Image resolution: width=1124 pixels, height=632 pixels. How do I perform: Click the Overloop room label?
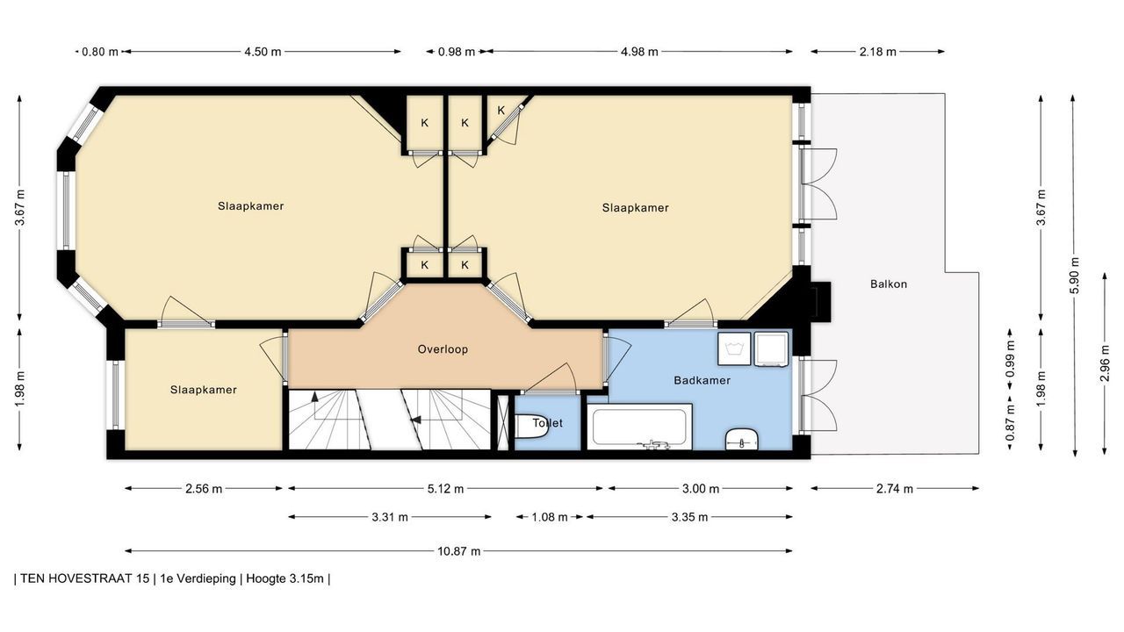tap(443, 349)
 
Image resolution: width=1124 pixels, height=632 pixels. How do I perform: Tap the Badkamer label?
tap(702, 380)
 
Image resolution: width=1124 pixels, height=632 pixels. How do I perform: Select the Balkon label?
tap(889, 284)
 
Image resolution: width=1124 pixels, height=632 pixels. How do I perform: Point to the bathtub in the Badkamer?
tap(639, 427)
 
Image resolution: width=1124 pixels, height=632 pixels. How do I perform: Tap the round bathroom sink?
tap(742, 440)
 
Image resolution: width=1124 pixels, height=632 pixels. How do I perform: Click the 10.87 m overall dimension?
tap(458, 551)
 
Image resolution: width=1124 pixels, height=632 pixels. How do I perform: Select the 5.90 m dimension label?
tap(1074, 276)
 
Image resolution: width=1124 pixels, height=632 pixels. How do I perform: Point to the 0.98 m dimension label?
tap(456, 52)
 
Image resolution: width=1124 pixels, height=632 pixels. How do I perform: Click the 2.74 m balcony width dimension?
tap(895, 489)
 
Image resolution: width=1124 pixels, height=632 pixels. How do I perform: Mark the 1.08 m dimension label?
tap(550, 517)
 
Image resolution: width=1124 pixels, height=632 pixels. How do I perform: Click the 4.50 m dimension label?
tap(263, 52)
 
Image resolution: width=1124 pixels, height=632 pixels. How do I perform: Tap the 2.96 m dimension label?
tap(1105, 363)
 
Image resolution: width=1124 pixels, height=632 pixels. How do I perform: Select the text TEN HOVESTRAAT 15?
tap(85, 578)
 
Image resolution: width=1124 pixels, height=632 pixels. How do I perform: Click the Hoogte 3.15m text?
tap(285, 578)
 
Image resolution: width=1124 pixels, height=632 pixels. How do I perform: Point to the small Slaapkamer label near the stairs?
tap(203, 390)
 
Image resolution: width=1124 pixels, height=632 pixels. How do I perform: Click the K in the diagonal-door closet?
tap(501, 111)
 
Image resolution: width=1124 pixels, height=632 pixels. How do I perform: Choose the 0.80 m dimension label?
tap(100, 52)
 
